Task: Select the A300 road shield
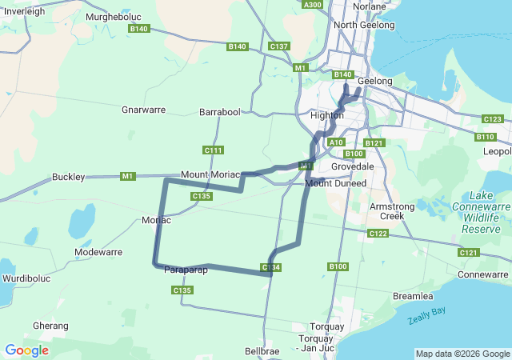[313, 5]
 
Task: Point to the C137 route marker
[279, 46]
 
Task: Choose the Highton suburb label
[326, 116]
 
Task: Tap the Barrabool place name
[219, 113]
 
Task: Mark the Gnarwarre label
[143, 110]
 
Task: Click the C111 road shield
[214, 150]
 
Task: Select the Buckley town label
[68, 177]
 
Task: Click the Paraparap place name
[186, 270]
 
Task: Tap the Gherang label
[50, 326]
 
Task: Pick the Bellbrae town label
[262, 350]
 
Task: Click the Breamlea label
[413, 296]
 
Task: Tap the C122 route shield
[378, 234]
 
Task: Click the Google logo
[26, 350]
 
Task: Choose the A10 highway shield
[336, 142]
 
